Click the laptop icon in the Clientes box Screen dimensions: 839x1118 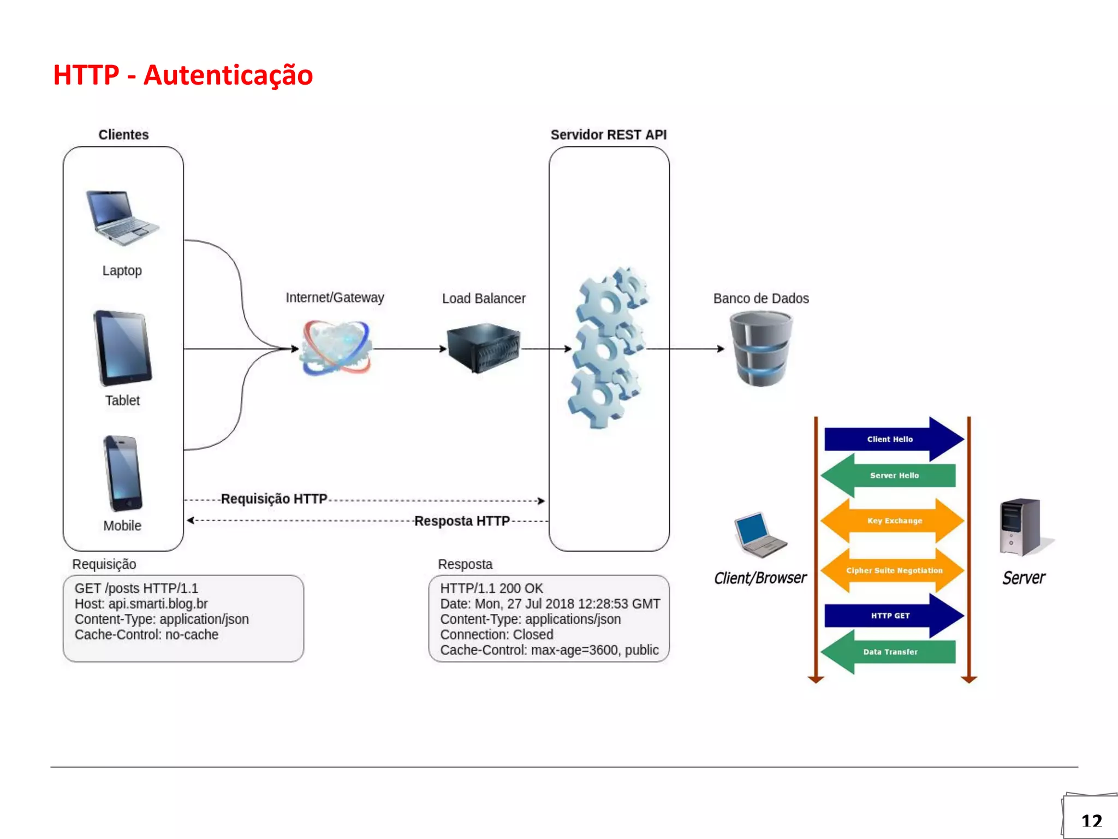(x=122, y=218)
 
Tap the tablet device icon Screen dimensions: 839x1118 (x=122, y=347)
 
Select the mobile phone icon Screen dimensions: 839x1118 (x=123, y=473)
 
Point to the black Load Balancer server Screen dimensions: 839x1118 (x=483, y=347)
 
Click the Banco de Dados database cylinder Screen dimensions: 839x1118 (x=761, y=348)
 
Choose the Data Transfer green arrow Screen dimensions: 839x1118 (x=890, y=652)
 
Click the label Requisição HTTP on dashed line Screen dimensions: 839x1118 (x=274, y=499)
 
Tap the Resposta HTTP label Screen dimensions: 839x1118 (x=462, y=521)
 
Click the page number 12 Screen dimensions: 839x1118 (x=1092, y=821)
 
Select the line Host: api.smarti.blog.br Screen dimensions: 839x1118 (x=141, y=604)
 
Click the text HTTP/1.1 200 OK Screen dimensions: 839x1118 (x=491, y=588)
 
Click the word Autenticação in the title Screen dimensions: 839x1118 (x=228, y=75)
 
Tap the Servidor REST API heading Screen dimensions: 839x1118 (x=609, y=134)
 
